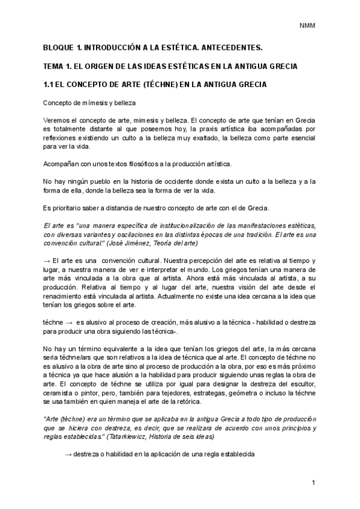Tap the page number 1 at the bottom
coord(313,483)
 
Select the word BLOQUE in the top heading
coord(59,46)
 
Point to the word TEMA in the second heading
coord(55,65)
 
